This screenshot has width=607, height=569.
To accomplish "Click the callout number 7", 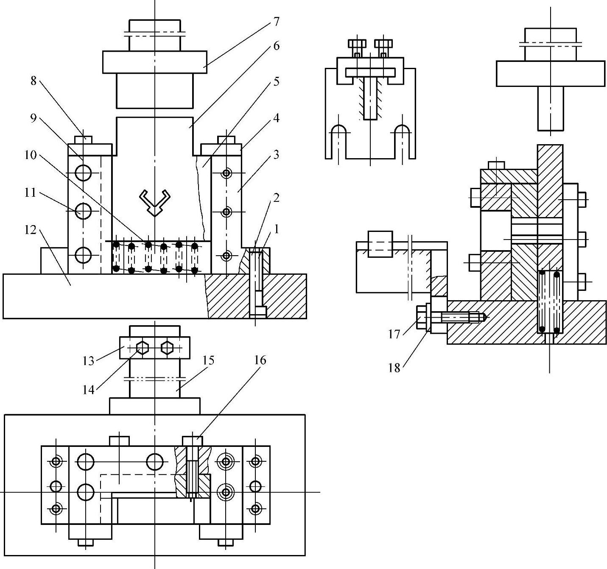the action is click(276, 22).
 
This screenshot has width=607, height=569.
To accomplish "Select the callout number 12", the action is click(30, 230).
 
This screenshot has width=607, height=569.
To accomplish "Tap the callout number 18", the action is click(394, 368).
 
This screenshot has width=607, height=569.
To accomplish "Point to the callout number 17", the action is click(394, 334).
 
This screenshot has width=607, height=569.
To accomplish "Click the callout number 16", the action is click(260, 360).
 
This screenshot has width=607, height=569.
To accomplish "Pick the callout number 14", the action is click(88, 390).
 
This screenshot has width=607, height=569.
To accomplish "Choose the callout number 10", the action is click(31, 155).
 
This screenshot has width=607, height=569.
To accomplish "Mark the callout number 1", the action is click(276, 229).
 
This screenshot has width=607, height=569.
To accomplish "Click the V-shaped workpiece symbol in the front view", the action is click(155, 202).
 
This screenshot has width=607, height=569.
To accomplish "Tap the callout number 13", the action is click(88, 361).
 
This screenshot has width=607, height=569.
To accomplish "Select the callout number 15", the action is click(208, 360).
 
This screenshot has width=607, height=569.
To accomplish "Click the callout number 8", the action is click(34, 81).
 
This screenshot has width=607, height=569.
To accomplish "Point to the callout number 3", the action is click(276, 155).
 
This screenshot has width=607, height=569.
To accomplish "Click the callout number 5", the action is click(276, 81).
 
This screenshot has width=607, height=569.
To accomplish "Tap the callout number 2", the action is click(276, 198).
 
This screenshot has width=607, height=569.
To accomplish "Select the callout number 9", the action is click(34, 118).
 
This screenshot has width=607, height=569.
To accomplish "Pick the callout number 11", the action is click(30, 192).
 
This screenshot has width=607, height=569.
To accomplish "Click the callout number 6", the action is click(276, 46).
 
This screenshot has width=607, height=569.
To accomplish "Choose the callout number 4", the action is click(276, 117).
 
